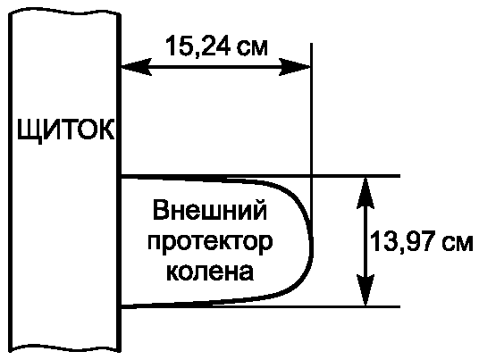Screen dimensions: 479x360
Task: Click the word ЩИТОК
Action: [x=66, y=130]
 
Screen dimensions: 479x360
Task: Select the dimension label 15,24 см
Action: [x=216, y=46]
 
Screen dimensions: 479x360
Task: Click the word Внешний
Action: [x=210, y=210]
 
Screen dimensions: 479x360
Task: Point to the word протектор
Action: [x=210, y=242]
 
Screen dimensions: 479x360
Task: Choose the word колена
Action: [x=210, y=272]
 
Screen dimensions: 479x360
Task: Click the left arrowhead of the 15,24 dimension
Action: [x=137, y=67]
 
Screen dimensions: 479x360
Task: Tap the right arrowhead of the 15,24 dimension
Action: [x=295, y=67]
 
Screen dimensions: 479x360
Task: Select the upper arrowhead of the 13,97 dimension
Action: [x=366, y=193]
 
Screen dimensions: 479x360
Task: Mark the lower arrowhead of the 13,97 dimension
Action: [x=366, y=290]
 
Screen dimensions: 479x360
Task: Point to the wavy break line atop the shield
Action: [x=64, y=13]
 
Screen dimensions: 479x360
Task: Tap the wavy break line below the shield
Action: [x=64, y=348]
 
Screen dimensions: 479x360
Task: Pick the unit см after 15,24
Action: [x=253, y=49]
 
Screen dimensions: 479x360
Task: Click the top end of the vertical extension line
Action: [x=311, y=44]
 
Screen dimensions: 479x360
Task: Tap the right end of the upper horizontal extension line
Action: [x=399, y=176]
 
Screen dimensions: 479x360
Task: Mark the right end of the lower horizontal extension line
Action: [x=399, y=306]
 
